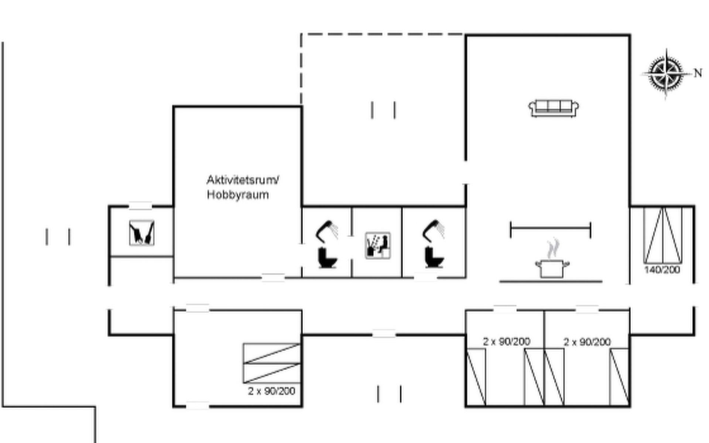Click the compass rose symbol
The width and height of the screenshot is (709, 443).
pos(666,73)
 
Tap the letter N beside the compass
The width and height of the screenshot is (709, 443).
pos(698,73)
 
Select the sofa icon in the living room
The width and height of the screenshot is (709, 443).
pos(554,108)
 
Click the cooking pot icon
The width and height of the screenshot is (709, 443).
pos(552,268)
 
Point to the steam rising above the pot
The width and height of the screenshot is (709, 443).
pos(553,248)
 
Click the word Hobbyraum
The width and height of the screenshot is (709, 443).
pos(238,195)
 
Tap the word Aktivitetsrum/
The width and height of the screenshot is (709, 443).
pos(243,180)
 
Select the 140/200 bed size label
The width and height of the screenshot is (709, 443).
pos(662,270)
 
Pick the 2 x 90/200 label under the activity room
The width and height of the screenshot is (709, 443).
pos(271,391)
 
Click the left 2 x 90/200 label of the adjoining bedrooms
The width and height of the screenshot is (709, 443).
pos(507,341)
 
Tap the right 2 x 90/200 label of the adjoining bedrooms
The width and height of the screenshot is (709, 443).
pos(587,342)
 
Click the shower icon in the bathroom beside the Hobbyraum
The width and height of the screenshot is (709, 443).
pos(326,231)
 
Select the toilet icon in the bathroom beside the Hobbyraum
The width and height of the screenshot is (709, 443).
pos(327,258)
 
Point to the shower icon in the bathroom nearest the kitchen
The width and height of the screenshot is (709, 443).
pos(434,231)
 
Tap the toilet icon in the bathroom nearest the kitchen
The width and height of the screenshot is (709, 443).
pos(434,257)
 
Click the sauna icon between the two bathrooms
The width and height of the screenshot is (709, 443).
pos(377,245)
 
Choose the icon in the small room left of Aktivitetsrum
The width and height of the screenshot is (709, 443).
pos(141,233)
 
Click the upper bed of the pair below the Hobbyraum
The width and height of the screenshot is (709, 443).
pos(271,353)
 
